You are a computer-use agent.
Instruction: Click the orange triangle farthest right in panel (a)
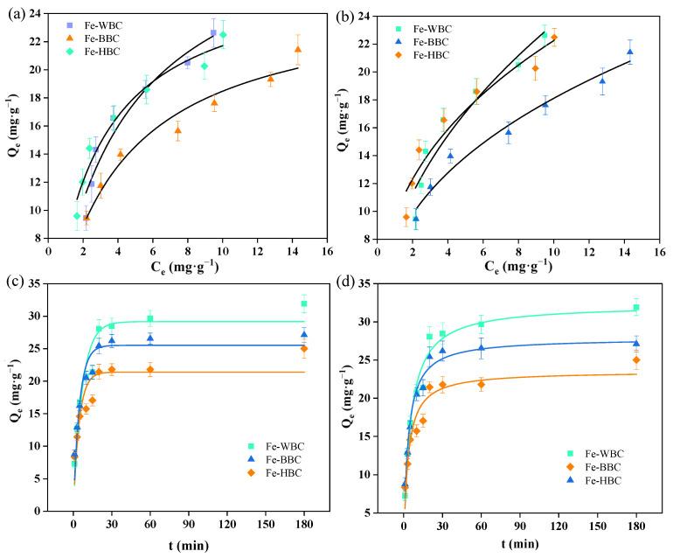[x=297, y=49]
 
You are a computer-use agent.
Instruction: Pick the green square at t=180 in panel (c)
[x=304, y=304]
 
